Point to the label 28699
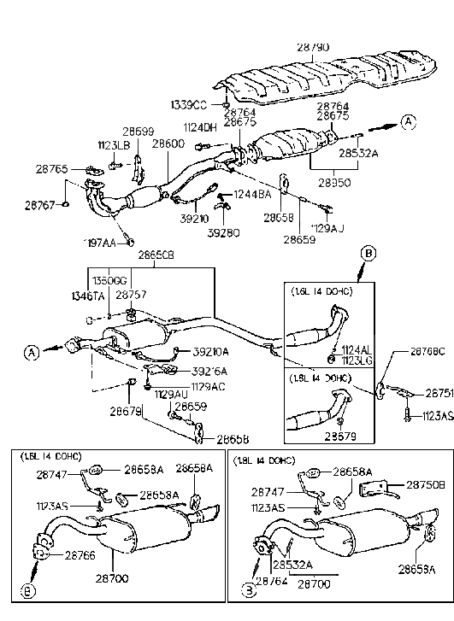138,132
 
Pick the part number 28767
40,205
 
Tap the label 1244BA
252,195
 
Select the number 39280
223,232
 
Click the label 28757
131,293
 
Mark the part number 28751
439,394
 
